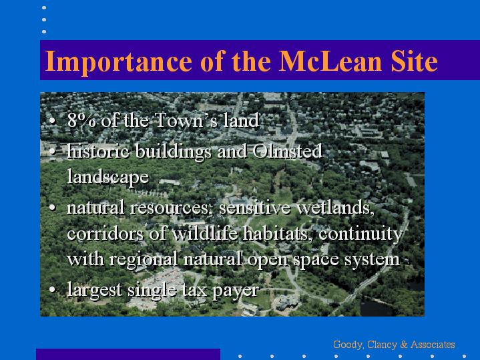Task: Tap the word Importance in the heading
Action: [x=118, y=62]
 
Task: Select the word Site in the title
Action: [x=414, y=61]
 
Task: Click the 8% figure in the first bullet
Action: [x=81, y=120]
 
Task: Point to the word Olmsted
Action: [x=288, y=151]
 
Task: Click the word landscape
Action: [x=108, y=177]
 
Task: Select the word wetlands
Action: [x=335, y=208]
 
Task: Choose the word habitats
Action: [x=278, y=234]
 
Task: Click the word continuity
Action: [x=361, y=234]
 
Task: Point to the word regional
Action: [x=144, y=260]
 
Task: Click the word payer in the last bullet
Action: [x=236, y=290]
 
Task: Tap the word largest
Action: [x=95, y=290]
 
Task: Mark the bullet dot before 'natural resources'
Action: [x=52, y=208]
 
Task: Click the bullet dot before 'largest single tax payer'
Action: [x=52, y=289]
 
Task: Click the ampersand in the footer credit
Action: [x=404, y=345]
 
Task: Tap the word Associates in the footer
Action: [x=433, y=345]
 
